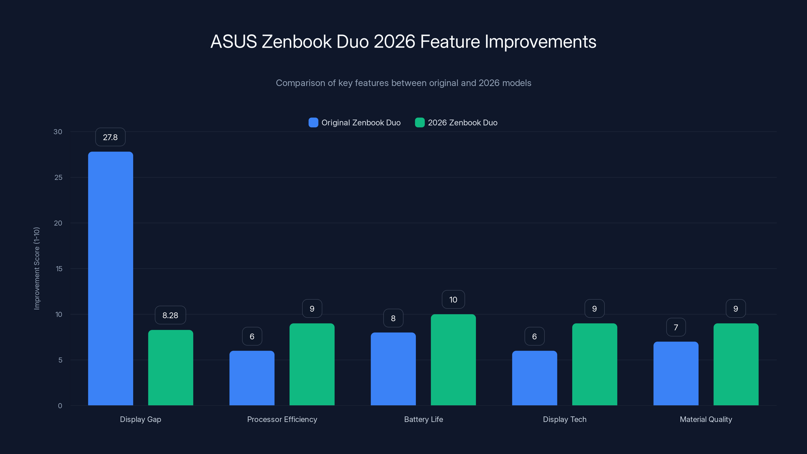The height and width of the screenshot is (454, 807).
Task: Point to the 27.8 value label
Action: pyautogui.click(x=110, y=137)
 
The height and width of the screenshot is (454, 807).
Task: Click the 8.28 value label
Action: pyautogui.click(x=170, y=315)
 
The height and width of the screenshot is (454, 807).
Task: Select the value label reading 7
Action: pyautogui.click(x=676, y=327)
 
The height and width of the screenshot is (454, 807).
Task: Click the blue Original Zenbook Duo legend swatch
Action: pyautogui.click(x=313, y=123)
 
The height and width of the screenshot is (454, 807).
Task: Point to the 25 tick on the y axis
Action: pyautogui.click(x=58, y=177)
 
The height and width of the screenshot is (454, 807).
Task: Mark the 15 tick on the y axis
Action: pyautogui.click(x=59, y=269)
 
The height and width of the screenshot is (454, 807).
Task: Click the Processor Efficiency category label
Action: pyautogui.click(x=282, y=419)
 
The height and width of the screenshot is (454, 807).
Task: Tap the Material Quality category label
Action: pyautogui.click(x=706, y=419)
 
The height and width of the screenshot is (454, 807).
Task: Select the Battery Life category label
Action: pyautogui.click(x=424, y=419)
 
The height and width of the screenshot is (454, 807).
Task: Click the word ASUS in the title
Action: pyautogui.click(x=234, y=42)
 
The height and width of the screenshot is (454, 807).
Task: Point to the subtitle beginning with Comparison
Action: pyautogui.click(x=403, y=83)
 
